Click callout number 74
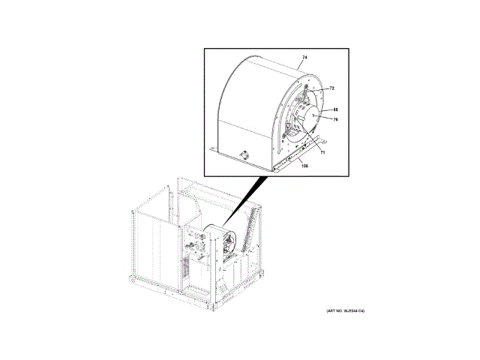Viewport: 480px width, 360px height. pos(305,58)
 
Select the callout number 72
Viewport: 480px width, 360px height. pos(331,88)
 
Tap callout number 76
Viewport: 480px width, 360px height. pos(335,119)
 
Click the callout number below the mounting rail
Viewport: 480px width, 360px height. pos(304,166)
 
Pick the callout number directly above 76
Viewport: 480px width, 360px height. pos(335,109)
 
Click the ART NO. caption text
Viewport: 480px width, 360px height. pos(349,310)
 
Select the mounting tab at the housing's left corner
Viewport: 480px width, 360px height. pos(214,151)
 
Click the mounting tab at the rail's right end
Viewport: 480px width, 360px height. pos(325,139)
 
